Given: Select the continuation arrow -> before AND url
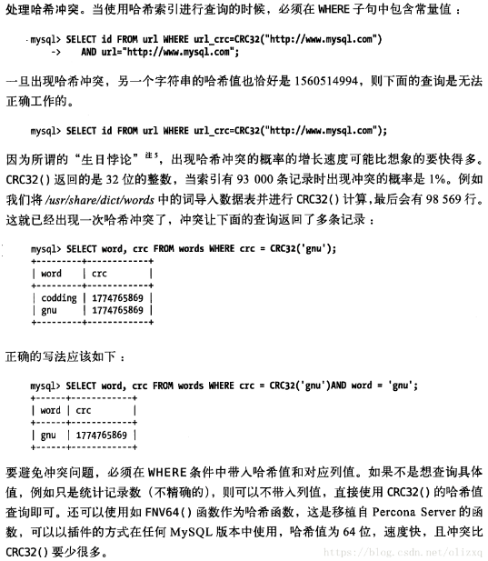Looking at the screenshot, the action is (x=69, y=52).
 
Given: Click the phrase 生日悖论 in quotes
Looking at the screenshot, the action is (x=119, y=156).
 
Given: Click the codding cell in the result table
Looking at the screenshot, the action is (x=60, y=296).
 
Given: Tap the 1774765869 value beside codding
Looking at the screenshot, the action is (x=118, y=296).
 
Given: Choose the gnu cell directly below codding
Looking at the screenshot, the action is (x=50, y=311).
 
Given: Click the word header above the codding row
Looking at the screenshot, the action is (x=52, y=274).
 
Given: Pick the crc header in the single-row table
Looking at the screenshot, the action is (x=85, y=410).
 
